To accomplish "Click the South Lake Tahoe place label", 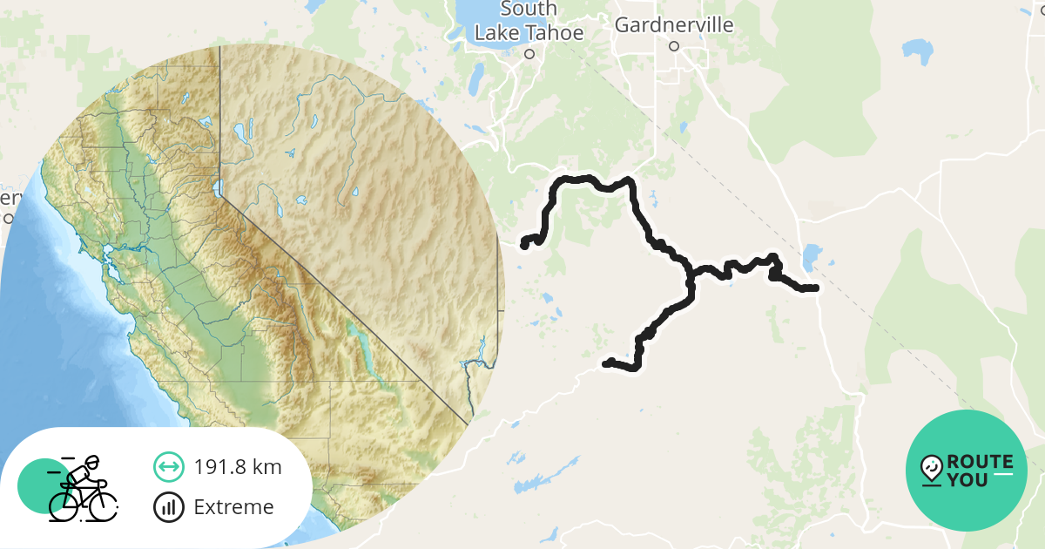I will click(528, 21).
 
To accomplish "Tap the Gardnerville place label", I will click(673, 25).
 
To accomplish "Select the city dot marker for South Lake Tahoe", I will click(529, 53).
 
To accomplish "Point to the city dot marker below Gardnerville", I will click(673, 47).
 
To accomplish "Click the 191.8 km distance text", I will click(238, 467).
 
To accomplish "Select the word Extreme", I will click(233, 507).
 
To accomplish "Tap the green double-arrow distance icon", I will click(168, 467).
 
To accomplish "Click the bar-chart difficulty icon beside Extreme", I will click(168, 507).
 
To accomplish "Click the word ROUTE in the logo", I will click(980, 462).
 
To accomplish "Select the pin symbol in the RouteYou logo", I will click(932, 470).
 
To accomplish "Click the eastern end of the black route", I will click(815, 288).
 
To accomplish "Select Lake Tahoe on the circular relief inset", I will click(218, 186).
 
